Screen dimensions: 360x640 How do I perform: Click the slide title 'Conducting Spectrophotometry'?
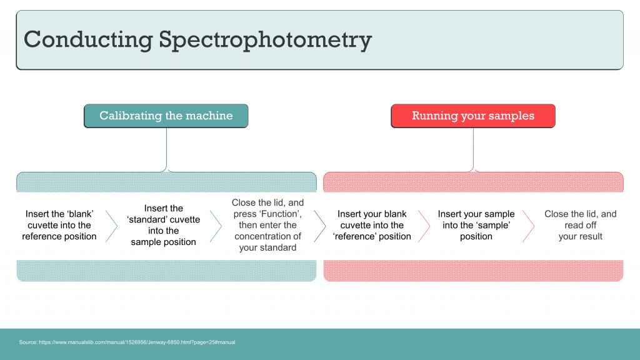pos(197,39)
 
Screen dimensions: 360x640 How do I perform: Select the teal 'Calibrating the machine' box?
pos(166,116)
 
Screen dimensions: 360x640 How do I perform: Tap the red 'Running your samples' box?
pos(473,116)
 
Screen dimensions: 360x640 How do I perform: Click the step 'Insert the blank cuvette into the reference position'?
pos(59,225)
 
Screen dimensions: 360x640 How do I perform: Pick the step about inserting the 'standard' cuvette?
pos(164,225)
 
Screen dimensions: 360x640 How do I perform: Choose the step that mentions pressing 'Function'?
pos(267,225)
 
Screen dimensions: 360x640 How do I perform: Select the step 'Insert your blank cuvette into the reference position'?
pos(372,225)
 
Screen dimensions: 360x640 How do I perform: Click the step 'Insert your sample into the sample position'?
pos(476,225)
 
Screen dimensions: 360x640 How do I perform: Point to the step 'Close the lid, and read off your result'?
pos(580,225)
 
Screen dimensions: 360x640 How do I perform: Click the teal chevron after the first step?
pos(112,226)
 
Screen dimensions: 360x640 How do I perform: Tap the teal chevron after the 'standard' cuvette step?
pos(216,226)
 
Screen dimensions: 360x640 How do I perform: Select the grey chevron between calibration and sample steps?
pos(320,226)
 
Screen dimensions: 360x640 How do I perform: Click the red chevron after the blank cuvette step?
pos(424,226)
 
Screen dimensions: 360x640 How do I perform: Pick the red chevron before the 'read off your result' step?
pos(529,226)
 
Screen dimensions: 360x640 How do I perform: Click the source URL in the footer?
pos(127,342)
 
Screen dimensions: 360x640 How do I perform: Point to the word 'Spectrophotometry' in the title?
pos(265,39)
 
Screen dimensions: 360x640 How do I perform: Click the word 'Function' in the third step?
pos(281,214)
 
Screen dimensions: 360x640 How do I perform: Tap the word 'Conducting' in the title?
pos(87,39)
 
